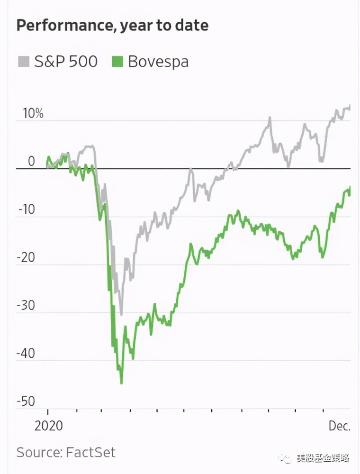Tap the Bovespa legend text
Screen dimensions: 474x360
158,62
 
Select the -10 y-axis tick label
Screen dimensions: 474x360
27,210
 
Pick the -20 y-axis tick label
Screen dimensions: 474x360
27,257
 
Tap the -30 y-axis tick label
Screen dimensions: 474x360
27,305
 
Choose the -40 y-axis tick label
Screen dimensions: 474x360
27,354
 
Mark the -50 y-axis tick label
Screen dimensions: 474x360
27,401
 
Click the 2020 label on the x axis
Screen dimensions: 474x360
48,426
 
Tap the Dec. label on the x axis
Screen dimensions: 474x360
339,426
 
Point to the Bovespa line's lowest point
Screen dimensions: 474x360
122,383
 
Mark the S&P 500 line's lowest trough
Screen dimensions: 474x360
121,314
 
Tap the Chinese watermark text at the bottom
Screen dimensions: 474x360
322,458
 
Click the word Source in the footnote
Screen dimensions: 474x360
37,452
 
